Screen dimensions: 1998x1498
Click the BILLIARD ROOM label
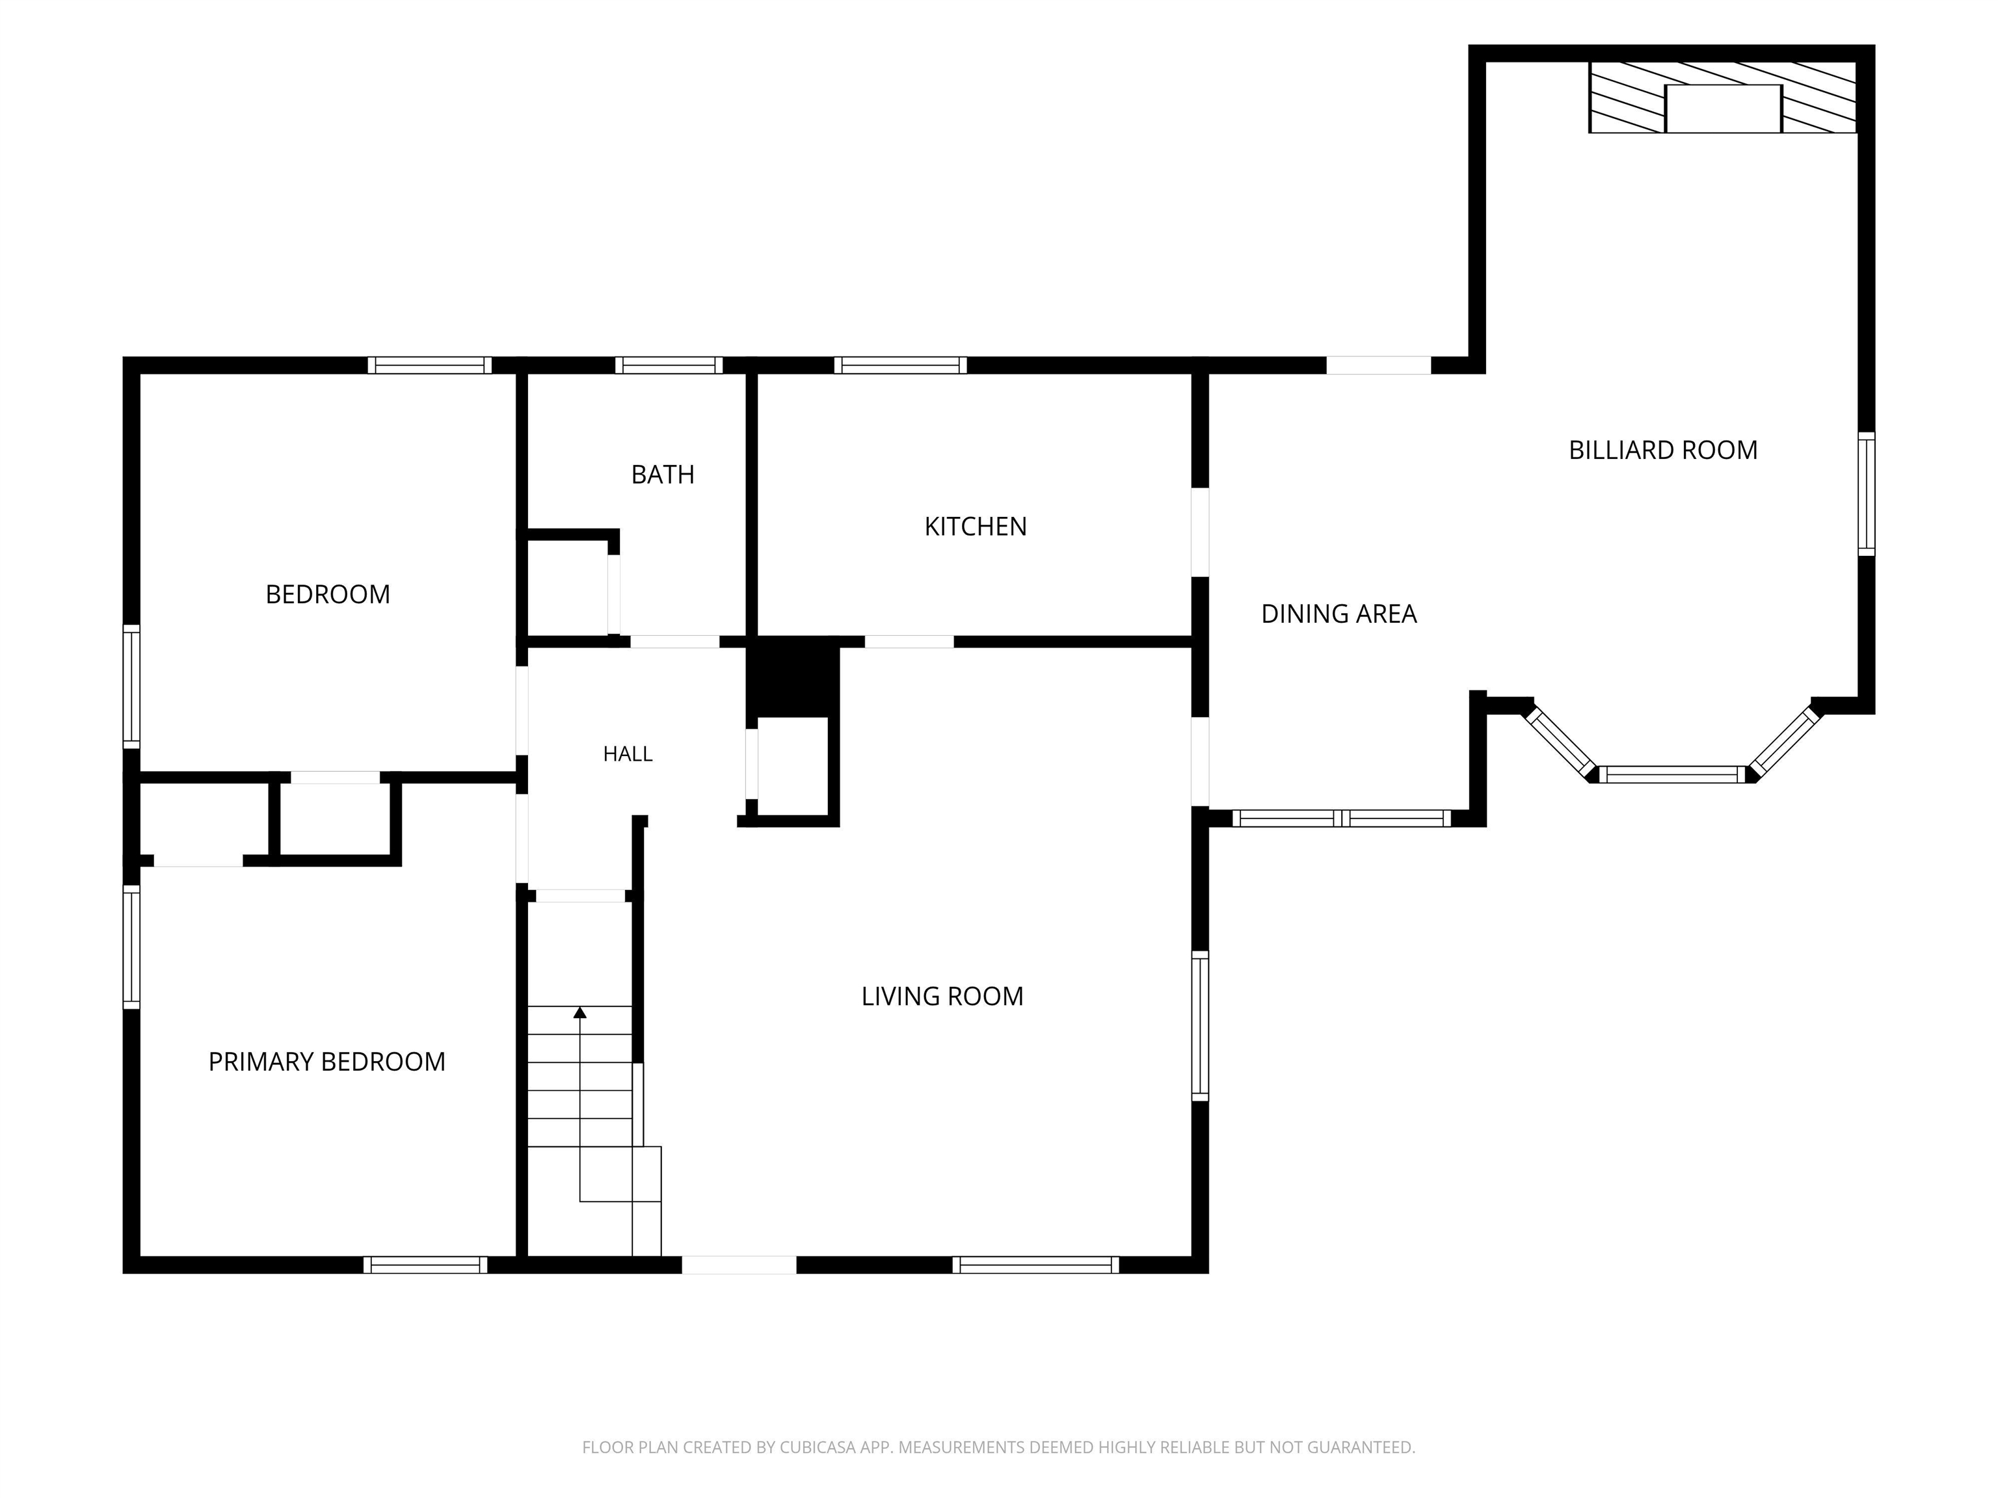[1663, 450]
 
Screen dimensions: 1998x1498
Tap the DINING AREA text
[1339, 614]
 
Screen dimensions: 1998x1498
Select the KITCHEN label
[976, 527]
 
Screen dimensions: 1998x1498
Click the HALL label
[628, 754]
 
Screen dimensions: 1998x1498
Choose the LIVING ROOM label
[942, 996]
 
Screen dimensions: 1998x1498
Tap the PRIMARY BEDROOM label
[327, 1061]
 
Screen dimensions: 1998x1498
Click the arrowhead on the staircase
[580, 1012]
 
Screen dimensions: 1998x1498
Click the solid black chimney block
[792, 677]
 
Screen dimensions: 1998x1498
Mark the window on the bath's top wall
[669, 365]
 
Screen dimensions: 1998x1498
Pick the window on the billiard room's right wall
[1866, 494]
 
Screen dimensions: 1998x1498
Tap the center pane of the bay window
[1672, 774]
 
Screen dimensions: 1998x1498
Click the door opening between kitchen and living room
[910, 642]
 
